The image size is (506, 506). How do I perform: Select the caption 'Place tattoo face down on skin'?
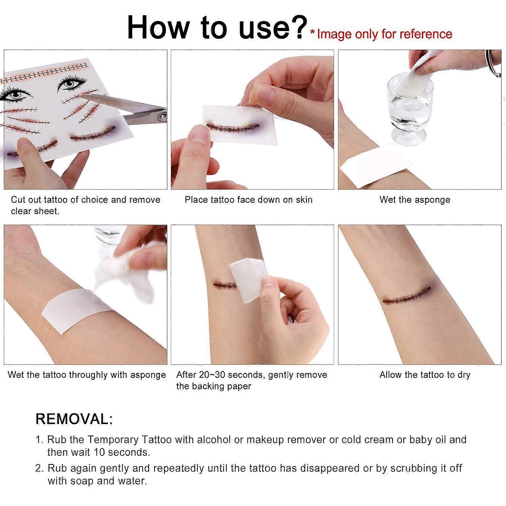click(248, 200)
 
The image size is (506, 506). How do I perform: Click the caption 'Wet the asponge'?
click(415, 200)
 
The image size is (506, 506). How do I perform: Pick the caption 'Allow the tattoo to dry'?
click(424, 375)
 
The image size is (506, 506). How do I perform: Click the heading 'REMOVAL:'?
click(74, 419)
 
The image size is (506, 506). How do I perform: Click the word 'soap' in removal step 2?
click(82, 481)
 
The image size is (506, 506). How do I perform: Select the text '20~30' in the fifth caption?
click(212, 375)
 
